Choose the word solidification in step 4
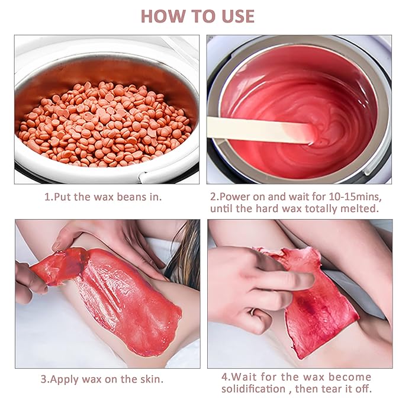tap(253, 389)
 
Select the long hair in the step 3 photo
tap(184, 256)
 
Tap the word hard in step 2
tap(267, 208)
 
